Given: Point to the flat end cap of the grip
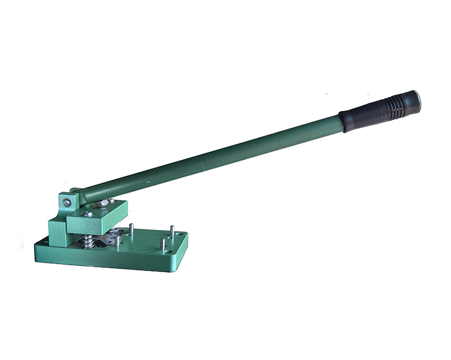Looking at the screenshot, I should [415, 100].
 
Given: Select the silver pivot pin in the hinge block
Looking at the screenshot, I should [67, 202].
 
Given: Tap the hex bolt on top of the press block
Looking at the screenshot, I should [103, 204].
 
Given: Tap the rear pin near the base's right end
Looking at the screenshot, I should [171, 231].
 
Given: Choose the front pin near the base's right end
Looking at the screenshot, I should [162, 243].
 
